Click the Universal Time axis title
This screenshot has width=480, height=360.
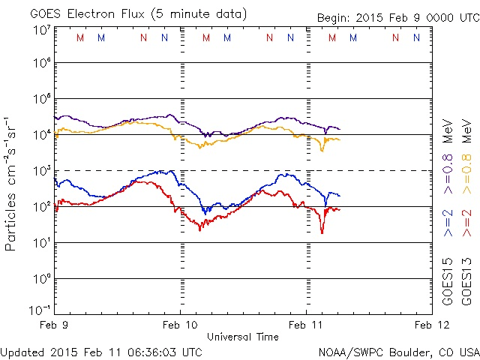tap(243, 337)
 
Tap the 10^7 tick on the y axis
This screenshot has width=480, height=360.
tap(41, 29)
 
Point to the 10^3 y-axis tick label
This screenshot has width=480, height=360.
tap(41, 170)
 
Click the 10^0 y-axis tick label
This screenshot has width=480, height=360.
tap(41, 278)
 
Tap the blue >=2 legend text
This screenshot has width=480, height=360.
tap(448, 223)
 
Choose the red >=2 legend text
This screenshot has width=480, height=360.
tap(466, 223)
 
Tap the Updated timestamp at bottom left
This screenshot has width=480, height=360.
tap(101, 352)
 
